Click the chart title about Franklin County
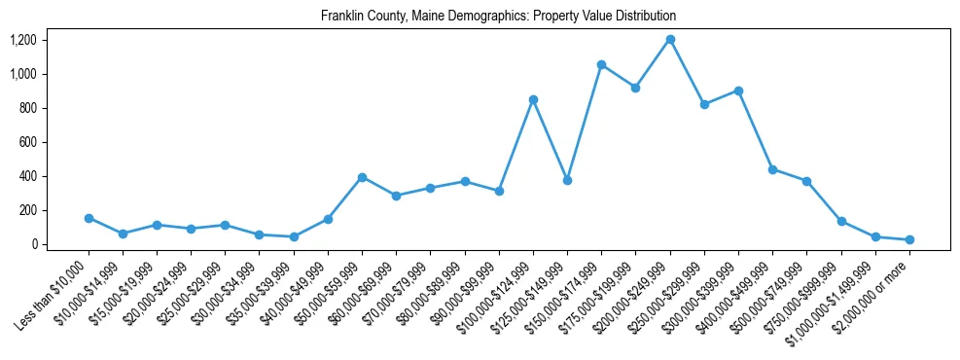pos(498,16)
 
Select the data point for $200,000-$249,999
pos(670,39)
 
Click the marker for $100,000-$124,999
pos(533,99)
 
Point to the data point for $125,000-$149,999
pos(567,180)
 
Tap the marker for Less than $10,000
pos(89,218)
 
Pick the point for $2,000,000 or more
pos(909,239)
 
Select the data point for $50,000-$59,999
pos(362,177)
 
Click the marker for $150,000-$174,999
pos(601,64)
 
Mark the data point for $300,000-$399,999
pos(738,90)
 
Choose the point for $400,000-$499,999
pos(772,169)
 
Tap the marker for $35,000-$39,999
pos(294,236)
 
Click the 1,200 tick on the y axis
pos(23,40)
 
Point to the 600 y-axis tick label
pos(28,142)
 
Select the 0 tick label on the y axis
pos(34,244)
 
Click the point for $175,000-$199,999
pos(635,88)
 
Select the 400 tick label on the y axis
pos(28,176)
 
